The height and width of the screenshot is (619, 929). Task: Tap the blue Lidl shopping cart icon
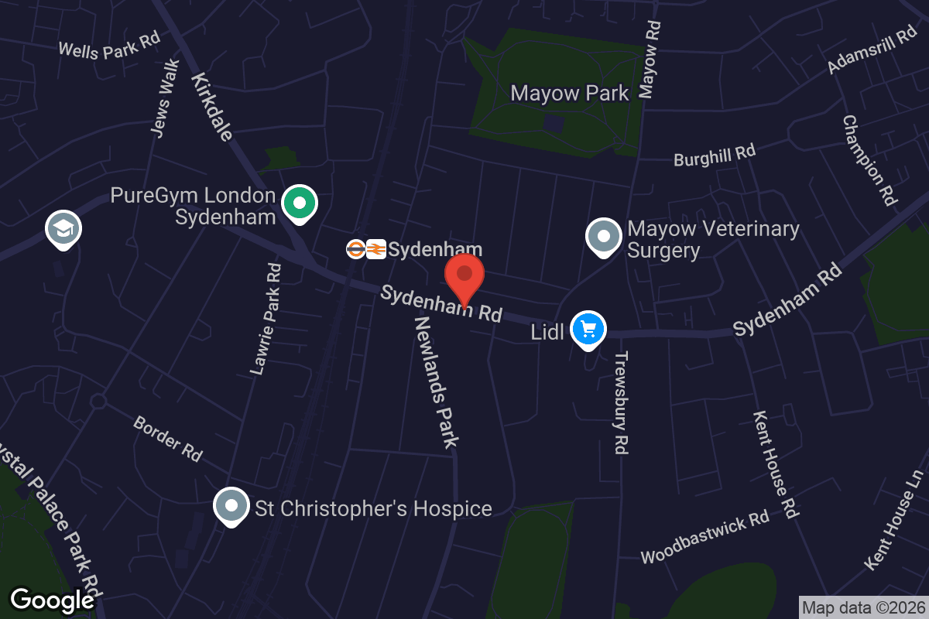point(588,330)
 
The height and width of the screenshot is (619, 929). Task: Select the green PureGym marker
point(299,203)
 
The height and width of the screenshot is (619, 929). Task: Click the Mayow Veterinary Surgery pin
point(604,237)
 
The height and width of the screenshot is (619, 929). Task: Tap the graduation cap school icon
point(63,229)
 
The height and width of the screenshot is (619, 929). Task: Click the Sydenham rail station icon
point(365,249)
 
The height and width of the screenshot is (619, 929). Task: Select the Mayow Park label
point(570,94)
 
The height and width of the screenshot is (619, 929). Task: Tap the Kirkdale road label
point(211,107)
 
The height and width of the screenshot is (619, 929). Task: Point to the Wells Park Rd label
point(109,46)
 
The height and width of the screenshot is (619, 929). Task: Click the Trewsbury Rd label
point(621,402)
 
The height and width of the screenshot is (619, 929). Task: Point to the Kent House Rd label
point(775,464)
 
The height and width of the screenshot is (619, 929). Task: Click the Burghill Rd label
point(714,155)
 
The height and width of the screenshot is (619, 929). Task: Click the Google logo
point(52,600)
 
